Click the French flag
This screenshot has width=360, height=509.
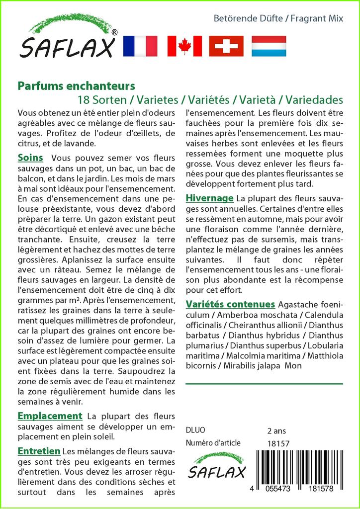click(140, 46)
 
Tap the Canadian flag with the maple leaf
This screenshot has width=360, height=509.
click(184, 46)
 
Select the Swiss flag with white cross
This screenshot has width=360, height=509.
click(226, 46)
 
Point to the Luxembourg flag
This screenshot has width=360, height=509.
click(269, 46)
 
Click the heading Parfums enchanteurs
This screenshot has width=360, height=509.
click(76, 86)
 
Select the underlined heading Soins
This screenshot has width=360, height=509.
click(30, 158)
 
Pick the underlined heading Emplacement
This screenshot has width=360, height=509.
click(50, 416)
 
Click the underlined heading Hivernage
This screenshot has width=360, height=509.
click(209, 198)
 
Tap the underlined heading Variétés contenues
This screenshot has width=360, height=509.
click(230, 304)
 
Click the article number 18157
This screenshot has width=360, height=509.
click(278, 443)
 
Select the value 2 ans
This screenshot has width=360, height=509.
click(276, 430)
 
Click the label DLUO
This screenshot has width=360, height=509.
click(195, 430)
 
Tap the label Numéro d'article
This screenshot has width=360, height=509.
click(213, 443)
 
